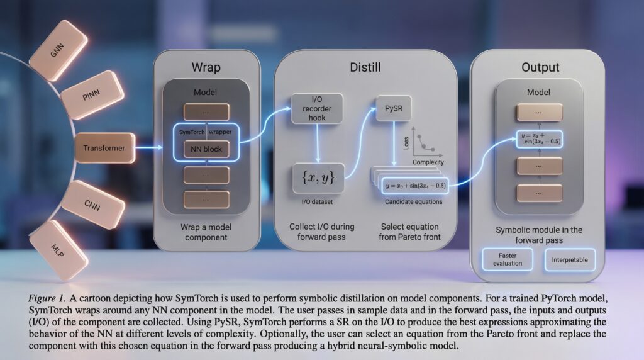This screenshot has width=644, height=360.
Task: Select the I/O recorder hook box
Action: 317,108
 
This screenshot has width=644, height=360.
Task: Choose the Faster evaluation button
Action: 507,259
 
